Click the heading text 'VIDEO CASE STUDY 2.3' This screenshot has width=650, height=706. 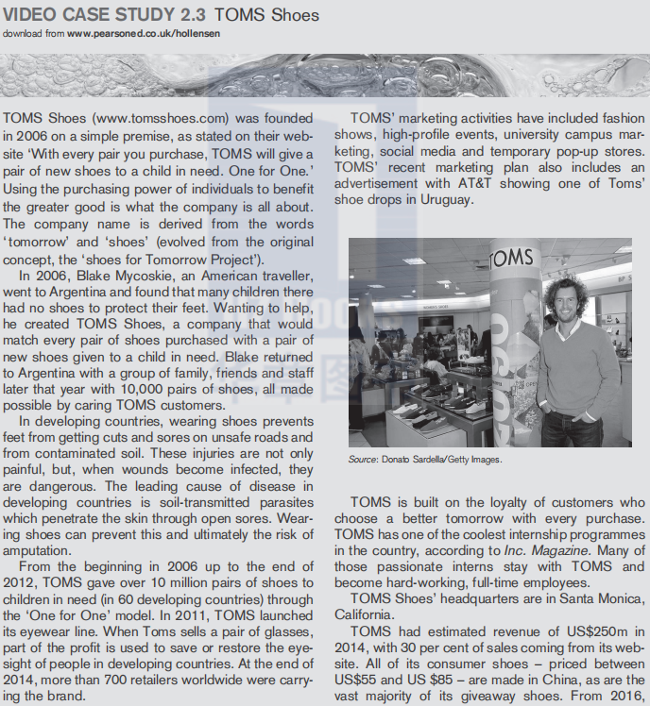coord(105,15)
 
